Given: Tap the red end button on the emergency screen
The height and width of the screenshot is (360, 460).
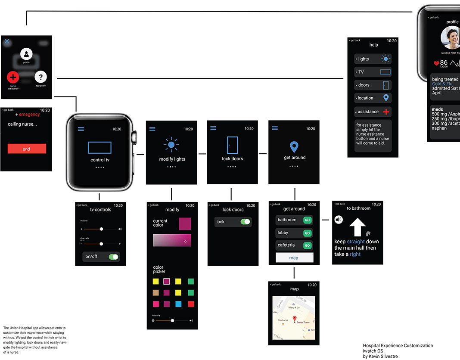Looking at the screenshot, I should (27, 149).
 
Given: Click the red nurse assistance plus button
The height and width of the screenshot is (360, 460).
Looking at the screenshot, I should (13, 77).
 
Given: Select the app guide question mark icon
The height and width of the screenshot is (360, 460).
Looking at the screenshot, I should (40, 77).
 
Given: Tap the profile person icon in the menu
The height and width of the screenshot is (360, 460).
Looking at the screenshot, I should (26, 54).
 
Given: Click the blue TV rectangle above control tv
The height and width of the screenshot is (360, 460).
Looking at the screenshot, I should (99, 148).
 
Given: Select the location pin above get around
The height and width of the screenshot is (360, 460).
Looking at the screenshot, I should (294, 147).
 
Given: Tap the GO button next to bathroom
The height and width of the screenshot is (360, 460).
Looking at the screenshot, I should (307, 220).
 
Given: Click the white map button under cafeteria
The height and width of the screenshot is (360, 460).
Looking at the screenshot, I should (294, 258).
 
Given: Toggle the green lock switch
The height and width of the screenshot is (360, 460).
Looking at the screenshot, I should (245, 222).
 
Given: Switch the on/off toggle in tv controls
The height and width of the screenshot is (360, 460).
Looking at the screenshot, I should (113, 257).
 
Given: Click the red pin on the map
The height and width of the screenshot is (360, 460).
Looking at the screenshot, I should (295, 319).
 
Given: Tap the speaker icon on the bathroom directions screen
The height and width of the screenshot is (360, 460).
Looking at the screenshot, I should (339, 220).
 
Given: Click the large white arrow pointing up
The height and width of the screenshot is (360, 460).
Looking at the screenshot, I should (357, 227).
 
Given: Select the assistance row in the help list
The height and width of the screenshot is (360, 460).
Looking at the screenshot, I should (373, 112).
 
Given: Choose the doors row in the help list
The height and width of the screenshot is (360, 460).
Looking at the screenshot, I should (373, 85).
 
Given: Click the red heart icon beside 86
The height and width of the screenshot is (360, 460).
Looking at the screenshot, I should (436, 63).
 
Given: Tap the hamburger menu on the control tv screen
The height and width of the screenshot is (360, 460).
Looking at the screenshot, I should (81, 129).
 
